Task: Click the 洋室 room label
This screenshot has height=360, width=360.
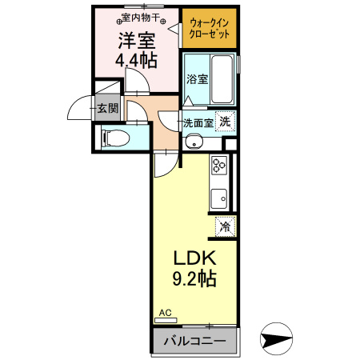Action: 138,39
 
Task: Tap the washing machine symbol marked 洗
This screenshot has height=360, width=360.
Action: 226,122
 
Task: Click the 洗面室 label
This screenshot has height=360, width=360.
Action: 197,123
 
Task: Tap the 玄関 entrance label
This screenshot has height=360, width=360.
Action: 105,107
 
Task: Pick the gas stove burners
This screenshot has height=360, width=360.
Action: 219,166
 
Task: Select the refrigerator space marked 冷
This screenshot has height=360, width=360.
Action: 226,226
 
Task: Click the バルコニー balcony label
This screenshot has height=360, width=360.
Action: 194,341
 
